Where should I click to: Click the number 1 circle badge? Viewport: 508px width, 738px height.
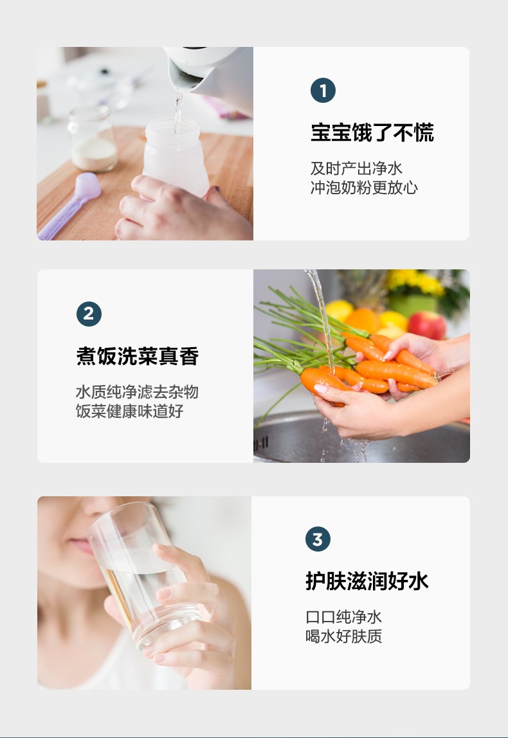[323, 91]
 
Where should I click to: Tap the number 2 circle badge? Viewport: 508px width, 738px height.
[89, 314]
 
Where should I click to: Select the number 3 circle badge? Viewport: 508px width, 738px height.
[318, 539]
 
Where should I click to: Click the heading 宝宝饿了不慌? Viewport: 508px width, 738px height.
[372, 132]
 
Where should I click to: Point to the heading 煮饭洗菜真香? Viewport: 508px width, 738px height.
[138, 356]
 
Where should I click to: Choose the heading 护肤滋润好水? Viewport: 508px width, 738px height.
[367, 581]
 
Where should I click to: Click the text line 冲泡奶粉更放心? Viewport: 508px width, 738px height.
[364, 187]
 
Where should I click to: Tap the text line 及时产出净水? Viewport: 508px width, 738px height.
[356, 168]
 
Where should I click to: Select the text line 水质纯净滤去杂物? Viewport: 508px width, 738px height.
[137, 392]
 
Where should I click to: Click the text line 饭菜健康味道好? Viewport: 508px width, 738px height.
[129, 411]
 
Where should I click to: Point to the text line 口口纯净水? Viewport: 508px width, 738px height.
[343, 616]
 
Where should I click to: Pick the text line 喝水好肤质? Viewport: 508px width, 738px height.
[343, 636]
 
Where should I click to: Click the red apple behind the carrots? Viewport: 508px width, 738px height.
[427, 324]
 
